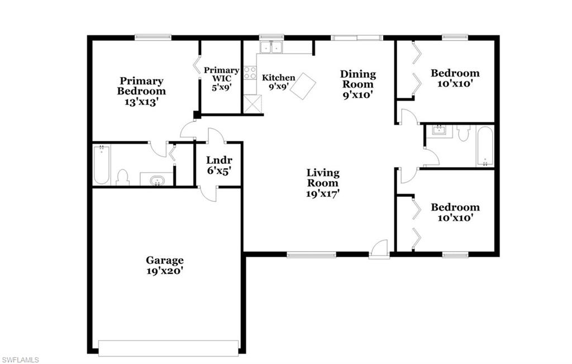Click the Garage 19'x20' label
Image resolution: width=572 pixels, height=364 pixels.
[165, 265]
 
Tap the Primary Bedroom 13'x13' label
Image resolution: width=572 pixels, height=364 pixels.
[141, 91]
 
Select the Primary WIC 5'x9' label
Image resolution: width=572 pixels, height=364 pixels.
[221, 78]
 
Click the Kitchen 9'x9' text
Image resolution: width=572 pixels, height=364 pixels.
[278, 82]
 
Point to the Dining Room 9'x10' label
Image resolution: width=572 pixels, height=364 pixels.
[358, 84]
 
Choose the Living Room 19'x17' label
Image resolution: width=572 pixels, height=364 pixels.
[323, 183]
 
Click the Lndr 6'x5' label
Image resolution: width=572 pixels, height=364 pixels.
[215, 164]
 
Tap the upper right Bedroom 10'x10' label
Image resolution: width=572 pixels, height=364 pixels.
[455, 78]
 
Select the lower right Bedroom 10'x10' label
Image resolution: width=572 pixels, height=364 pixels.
[455, 212]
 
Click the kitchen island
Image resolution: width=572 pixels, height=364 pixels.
[303, 86]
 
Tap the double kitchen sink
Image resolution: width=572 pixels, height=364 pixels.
[271, 48]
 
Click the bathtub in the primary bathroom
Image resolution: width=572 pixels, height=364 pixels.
[101, 164]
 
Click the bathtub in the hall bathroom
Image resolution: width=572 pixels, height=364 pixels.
[485, 146]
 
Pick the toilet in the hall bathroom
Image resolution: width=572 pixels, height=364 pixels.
[464, 133]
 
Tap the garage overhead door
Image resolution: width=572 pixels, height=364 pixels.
[168, 348]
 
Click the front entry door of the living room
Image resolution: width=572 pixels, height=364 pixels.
[379, 249]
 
